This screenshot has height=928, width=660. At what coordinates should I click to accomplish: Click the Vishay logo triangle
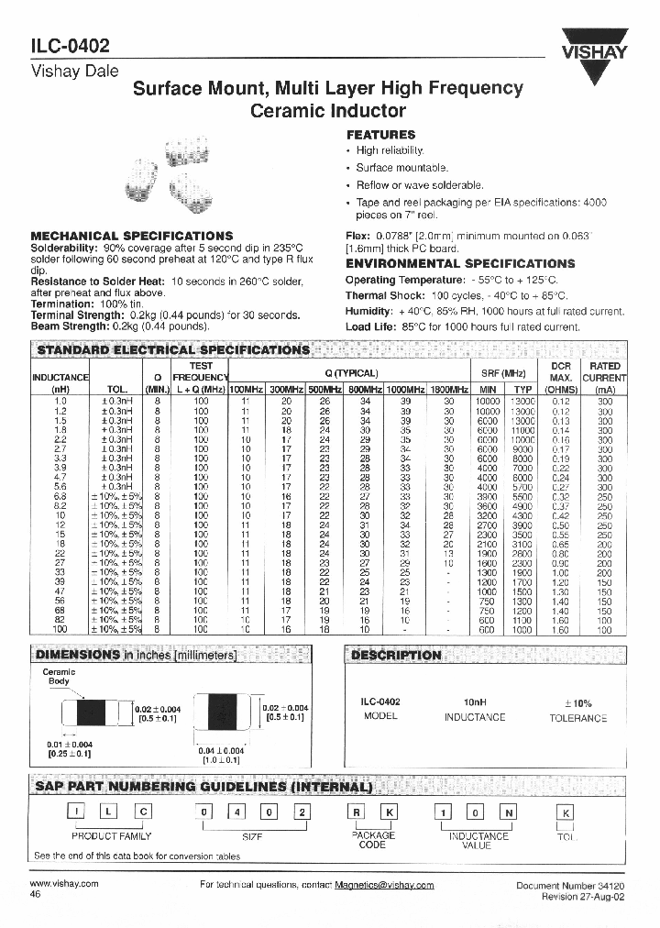click(x=595, y=61)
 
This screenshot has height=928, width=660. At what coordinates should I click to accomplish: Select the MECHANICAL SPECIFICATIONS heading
click(x=132, y=236)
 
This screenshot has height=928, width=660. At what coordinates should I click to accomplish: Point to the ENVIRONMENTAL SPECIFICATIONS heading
click(x=459, y=263)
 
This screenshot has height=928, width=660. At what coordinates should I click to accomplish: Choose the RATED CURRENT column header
click(x=604, y=377)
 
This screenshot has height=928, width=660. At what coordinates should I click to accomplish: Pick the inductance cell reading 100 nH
click(x=61, y=630)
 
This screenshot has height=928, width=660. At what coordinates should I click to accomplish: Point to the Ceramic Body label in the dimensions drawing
click(x=60, y=677)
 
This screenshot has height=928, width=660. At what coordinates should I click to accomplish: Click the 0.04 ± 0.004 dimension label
click(x=219, y=751)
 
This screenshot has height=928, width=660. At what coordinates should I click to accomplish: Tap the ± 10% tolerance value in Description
click(x=577, y=702)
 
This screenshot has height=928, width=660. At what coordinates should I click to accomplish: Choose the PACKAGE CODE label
click(x=373, y=840)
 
